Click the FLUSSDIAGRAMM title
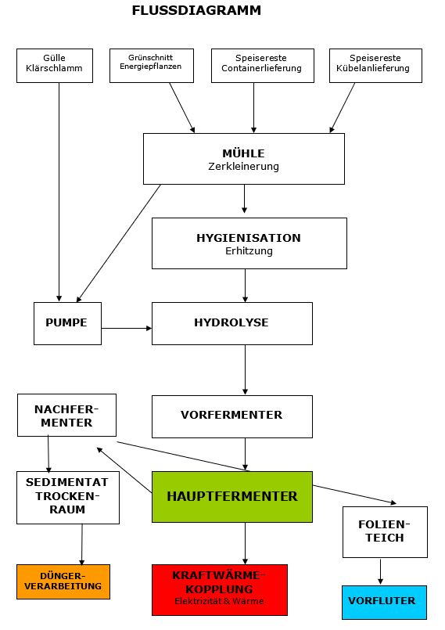tap(196, 10)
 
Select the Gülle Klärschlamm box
tap(55, 66)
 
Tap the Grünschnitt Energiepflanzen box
tap(152, 66)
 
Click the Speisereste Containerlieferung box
tap(263, 66)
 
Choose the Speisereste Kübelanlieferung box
tap(375, 66)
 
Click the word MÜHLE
tap(243, 153)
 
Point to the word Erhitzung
tap(249, 250)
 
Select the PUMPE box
tap(67, 323)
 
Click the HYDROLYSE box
tap(232, 323)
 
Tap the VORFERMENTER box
tap(232, 416)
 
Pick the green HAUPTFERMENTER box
tap(232, 497)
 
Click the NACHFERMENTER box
tap(66, 415)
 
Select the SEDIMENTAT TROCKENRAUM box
tap(68, 498)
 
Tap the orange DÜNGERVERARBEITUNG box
tap(63, 581)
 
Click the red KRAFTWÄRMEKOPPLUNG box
tap(220, 590)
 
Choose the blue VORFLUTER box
tap(384, 603)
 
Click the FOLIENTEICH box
tap(385, 532)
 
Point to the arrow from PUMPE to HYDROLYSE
tap(127, 328)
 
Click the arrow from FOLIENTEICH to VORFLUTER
tap(380, 571)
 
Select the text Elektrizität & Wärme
tap(219, 601)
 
